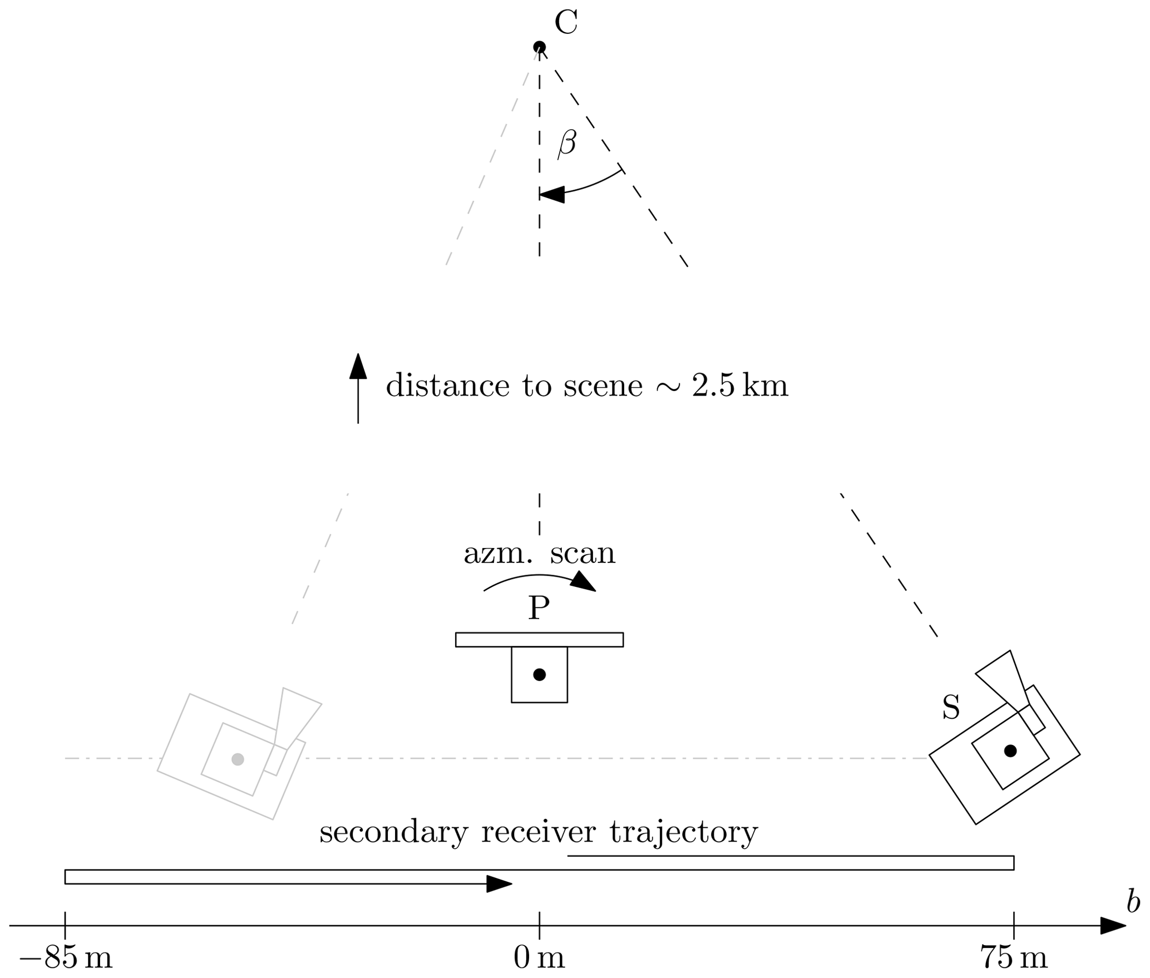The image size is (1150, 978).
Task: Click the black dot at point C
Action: click(539, 47)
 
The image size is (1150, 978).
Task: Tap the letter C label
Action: click(566, 23)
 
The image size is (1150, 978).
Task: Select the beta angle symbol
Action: click(566, 144)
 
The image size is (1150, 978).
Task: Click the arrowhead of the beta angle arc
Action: click(552, 194)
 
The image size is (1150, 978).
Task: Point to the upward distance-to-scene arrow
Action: click(358, 389)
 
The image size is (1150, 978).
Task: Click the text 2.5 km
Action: click(740, 386)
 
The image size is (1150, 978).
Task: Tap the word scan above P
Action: click(583, 554)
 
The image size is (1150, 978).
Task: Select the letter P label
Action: click(539, 608)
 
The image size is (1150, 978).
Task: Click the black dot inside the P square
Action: click(539, 675)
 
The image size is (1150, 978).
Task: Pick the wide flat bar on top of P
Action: click(539, 640)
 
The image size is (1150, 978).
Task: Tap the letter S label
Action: click(951, 708)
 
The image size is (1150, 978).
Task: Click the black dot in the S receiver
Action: click(1010, 751)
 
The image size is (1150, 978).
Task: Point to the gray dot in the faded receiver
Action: click(238, 759)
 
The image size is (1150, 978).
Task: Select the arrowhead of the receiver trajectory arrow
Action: click(499, 883)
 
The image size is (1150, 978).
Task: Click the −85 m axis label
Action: click(66, 958)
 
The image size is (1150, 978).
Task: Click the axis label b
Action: click(1133, 901)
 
